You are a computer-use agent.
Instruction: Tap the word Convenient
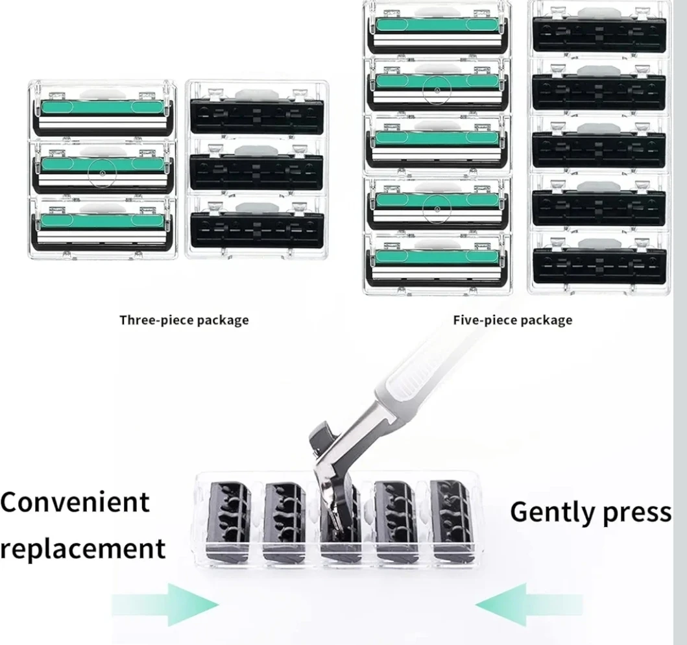[75, 502]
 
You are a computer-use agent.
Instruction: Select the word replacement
[83, 548]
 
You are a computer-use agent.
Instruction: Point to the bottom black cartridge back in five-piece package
[598, 263]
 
